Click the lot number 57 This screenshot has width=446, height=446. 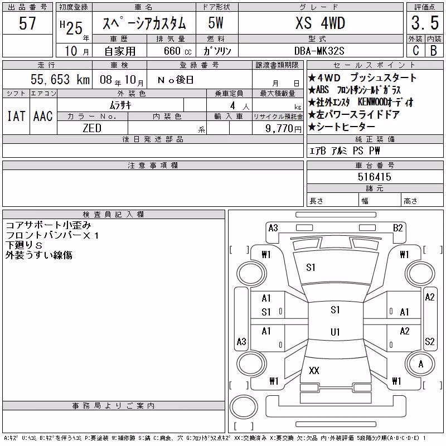coord(27,23)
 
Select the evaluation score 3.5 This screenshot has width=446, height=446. coord(425,23)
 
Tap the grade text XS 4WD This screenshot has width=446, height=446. coord(320,23)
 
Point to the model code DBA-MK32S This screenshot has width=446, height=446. coord(319,51)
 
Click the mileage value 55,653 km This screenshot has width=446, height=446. coord(60,79)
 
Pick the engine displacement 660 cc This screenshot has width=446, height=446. coord(177,51)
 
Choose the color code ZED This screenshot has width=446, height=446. coord(92,128)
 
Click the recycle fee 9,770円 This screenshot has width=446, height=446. coord(283,129)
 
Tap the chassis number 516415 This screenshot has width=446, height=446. coord(374,177)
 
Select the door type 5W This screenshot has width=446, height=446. coord(216,23)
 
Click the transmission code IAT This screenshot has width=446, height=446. coord(16,116)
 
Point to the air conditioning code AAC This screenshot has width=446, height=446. coord(43,116)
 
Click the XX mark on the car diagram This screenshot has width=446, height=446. coord(314,370)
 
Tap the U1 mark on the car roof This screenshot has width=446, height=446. coord(335,332)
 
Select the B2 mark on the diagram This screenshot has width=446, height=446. coord(397,228)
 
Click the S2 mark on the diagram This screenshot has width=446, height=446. coord(429,341)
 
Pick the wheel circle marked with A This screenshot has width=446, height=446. coord(421,364)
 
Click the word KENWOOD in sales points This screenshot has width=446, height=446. coord(372,102)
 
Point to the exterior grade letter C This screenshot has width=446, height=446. coord(416,51)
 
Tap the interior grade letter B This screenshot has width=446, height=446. coord(434,51)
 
